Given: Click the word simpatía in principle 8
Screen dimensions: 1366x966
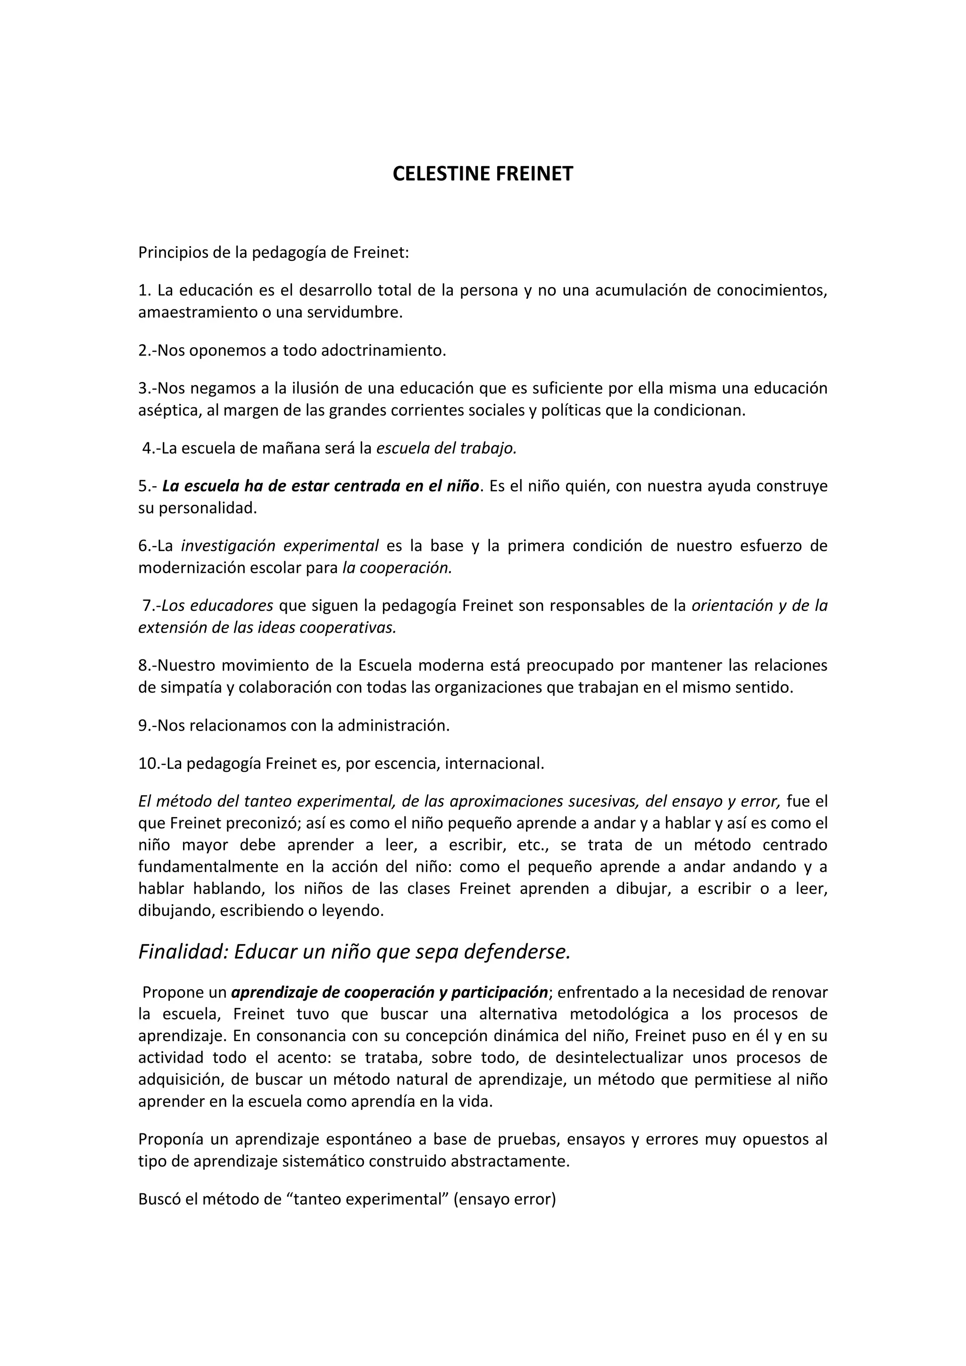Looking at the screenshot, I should pos(192,688).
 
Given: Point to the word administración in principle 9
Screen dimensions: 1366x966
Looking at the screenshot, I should pos(393,726).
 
